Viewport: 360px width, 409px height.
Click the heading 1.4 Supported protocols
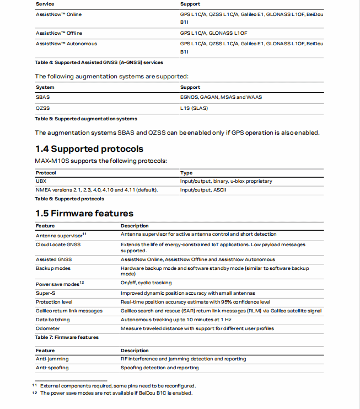pyautogui.click(x=89, y=149)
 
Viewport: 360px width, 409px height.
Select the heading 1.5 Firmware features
pyautogui.click(x=84, y=213)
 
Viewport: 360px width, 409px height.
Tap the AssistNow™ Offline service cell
pyautogui.click(x=59, y=33)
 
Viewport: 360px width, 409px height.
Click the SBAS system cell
pyautogui.click(x=42, y=97)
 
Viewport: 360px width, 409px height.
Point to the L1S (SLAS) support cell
pyautogui.click(x=194, y=108)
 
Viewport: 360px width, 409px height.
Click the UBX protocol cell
pyautogui.click(x=41, y=181)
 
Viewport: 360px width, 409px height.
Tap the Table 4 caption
pyautogui.click(x=99, y=62)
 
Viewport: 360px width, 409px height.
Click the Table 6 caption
pyautogui.click(x=69, y=199)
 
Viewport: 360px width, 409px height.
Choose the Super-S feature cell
pyautogui.click(x=46, y=293)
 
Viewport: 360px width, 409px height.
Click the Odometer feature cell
pyautogui.click(x=48, y=328)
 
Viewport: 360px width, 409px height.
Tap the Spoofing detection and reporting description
pyautogui.click(x=160, y=368)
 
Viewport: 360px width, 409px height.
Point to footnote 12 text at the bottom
pyautogui.click(x=116, y=393)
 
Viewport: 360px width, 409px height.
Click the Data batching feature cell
pyautogui.click(x=53, y=320)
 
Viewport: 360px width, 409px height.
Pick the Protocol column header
pyautogui.click(x=46, y=173)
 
